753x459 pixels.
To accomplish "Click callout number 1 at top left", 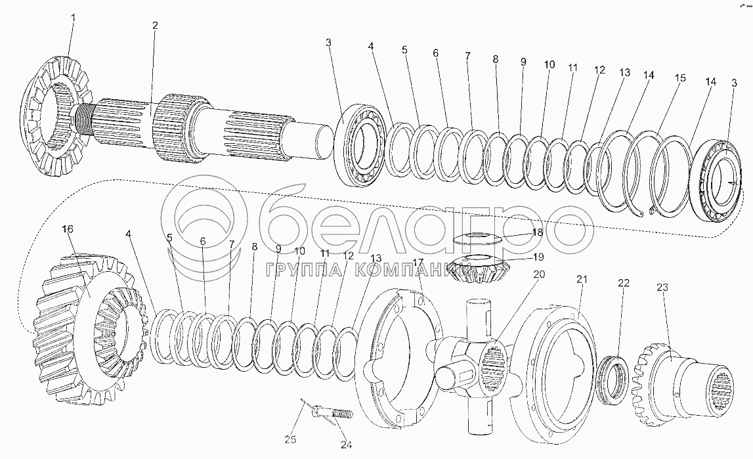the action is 73,18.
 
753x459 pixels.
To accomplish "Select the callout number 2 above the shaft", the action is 155,26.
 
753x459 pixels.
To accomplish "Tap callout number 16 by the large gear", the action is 68,229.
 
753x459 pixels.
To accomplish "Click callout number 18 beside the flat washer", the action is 537,232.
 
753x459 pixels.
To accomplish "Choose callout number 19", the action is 538,257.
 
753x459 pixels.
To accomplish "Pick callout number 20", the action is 539,274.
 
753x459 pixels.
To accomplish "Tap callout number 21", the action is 582,280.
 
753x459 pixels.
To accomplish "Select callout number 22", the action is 623,283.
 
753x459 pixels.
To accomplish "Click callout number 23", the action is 662,288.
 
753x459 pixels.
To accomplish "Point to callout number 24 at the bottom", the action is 346,445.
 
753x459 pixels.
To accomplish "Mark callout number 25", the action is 291,439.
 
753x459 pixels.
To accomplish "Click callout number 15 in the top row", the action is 679,77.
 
